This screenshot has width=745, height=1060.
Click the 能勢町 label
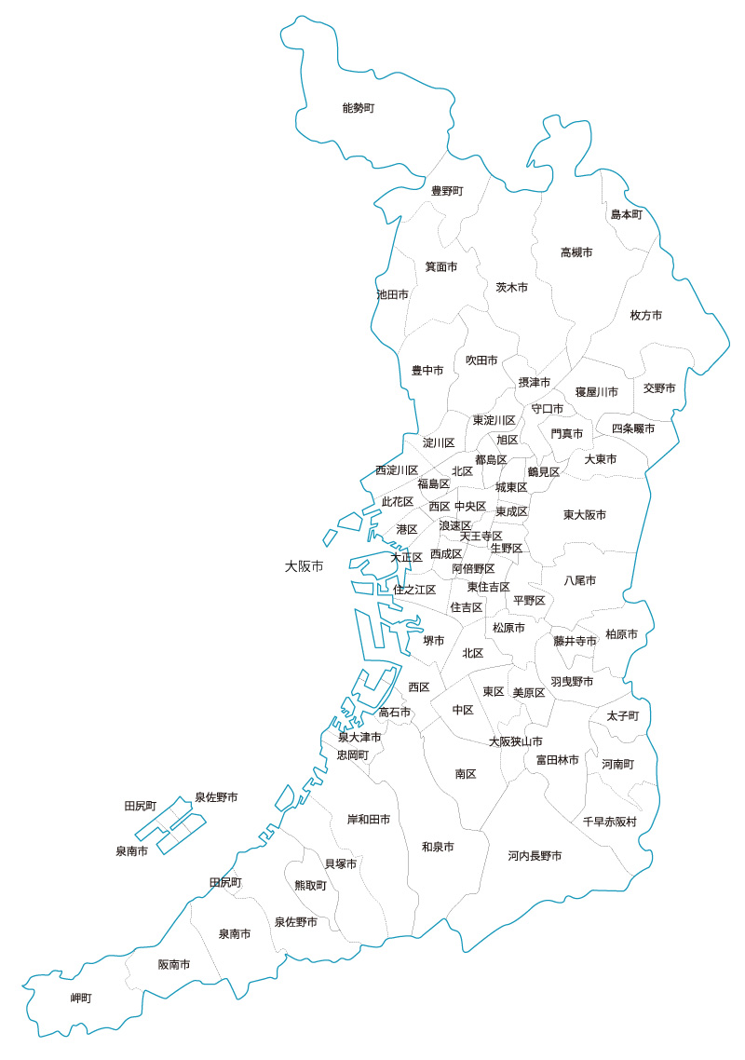tap(358, 108)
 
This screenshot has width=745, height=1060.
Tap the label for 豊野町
tap(447, 191)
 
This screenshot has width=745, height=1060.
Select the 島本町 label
tap(627, 214)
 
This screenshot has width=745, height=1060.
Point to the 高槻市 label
tap(576, 252)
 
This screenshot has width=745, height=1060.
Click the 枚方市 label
tap(646, 316)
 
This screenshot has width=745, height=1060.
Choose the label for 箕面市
tap(441, 266)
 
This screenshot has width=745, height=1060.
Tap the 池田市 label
tap(392, 294)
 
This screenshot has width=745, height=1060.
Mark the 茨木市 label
tap(512, 288)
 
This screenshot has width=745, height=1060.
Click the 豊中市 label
tap(427, 371)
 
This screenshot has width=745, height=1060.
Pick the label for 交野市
tap(659, 387)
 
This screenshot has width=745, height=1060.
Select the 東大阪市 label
tap(585, 515)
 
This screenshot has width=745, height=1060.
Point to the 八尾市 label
tap(580, 580)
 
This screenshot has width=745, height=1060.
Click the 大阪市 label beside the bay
tap(305, 566)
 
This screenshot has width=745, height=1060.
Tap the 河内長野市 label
tap(535, 855)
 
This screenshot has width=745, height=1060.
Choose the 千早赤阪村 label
tap(610, 822)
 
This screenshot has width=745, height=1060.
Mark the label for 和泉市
tap(438, 847)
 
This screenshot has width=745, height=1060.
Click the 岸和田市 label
tap(369, 820)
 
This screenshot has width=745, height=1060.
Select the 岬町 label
tap(82, 999)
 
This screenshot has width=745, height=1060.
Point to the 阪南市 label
tap(174, 965)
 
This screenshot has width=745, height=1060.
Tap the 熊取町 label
tap(311, 886)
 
